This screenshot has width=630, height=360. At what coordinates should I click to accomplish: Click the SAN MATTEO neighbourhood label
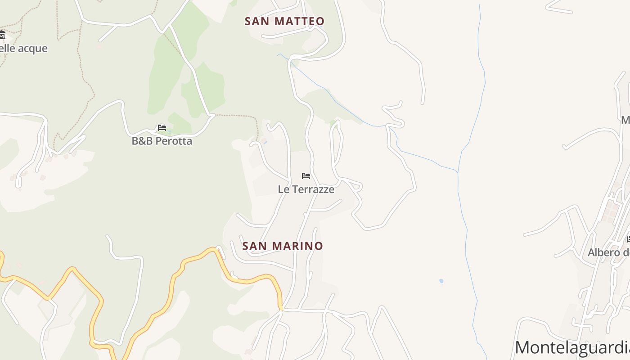(284, 21)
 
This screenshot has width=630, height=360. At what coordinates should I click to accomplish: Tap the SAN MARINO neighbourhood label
(283, 246)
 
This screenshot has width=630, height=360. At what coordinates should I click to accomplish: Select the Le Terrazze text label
(306, 189)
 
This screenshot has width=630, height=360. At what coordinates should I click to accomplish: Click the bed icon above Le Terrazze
(306, 175)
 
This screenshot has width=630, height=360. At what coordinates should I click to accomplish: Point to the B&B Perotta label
(162, 141)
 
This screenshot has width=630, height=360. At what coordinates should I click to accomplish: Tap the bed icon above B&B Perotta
(162, 128)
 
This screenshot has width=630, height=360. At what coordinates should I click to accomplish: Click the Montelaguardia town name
(572, 347)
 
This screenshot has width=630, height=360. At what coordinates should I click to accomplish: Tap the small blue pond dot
(441, 281)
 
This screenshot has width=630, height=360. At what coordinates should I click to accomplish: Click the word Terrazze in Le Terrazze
(313, 189)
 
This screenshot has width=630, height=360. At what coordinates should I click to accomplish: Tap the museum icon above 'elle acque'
(2, 35)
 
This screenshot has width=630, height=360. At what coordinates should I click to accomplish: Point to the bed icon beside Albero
(628, 239)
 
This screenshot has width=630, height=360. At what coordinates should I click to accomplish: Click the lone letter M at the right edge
(625, 120)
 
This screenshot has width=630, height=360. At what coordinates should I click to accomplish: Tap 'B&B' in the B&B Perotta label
(141, 141)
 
